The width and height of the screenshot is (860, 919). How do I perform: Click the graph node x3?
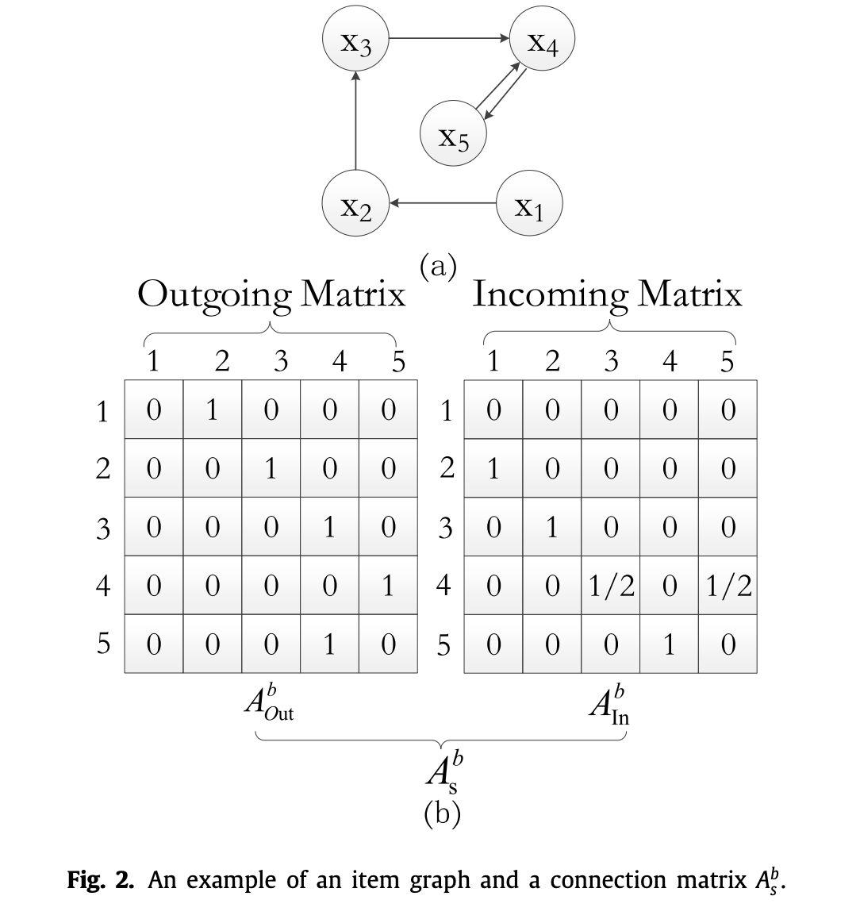(355, 40)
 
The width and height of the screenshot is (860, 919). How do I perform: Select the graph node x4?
(543, 40)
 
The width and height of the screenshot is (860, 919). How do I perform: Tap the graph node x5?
(453, 136)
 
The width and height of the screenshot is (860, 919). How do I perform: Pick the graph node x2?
(355, 204)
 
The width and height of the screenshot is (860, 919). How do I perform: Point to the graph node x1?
(529, 204)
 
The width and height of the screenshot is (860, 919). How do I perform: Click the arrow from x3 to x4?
(449, 37)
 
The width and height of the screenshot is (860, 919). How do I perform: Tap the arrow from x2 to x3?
(355, 121)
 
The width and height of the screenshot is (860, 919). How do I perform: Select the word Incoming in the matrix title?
(550, 295)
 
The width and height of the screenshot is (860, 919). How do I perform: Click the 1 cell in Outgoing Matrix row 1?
(212, 410)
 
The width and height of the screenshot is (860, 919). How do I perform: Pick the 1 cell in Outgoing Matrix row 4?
(388, 586)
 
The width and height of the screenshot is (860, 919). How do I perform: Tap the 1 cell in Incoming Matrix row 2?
(493, 469)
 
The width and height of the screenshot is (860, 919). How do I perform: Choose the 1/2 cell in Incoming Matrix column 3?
(610, 586)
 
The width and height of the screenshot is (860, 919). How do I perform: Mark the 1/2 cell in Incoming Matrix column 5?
(728, 586)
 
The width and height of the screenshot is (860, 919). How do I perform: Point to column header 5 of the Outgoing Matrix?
(398, 362)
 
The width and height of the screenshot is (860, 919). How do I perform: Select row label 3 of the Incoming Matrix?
(446, 528)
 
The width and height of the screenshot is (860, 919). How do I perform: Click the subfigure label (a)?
(438, 267)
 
